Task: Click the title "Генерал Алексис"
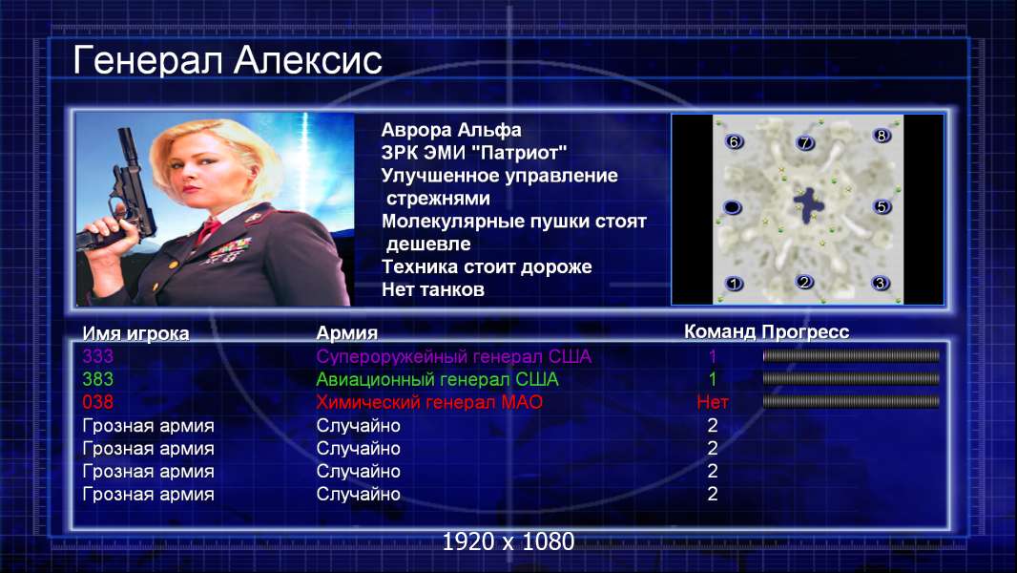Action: (x=227, y=61)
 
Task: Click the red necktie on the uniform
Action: (x=208, y=230)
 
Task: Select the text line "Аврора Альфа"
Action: (x=450, y=130)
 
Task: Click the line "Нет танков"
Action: (x=432, y=289)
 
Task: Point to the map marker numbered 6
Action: (x=734, y=141)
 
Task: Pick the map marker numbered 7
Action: (x=804, y=142)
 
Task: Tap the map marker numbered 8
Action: (x=881, y=136)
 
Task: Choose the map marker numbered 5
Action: (x=882, y=207)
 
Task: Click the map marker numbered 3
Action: (x=881, y=283)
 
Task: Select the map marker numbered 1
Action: (x=735, y=284)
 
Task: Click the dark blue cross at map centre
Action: (x=809, y=205)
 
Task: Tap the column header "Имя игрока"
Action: (x=135, y=333)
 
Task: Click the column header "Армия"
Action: (x=346, y=333)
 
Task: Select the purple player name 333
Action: (x=98, y=356)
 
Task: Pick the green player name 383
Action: (x=98, y=379)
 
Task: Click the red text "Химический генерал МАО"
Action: (x=429, y=402)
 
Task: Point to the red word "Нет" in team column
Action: (x=712, y=402)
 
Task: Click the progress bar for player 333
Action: (x=851, y=355)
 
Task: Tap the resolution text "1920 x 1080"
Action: (x=508, y=541)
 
